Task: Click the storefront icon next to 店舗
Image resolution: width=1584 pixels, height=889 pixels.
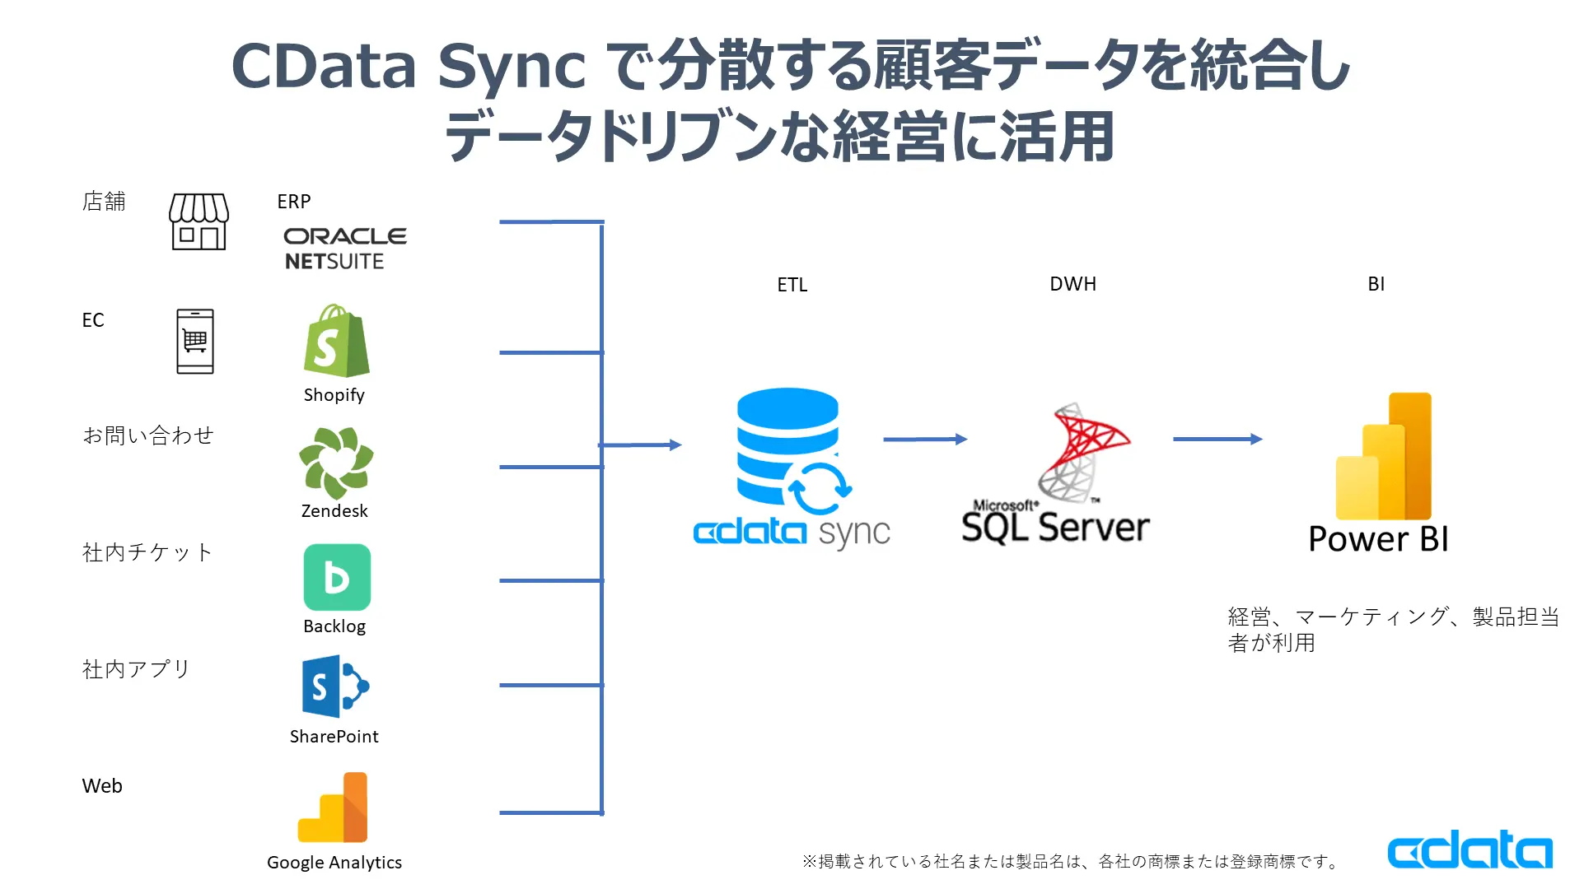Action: click(x=199, y=221)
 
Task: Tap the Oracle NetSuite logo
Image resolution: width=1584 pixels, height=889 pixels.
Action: click(x=344, y=248)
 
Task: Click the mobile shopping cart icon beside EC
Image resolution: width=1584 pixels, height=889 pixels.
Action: click(x=195, y=342)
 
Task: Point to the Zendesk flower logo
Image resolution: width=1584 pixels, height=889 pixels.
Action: click(x=335, y=463)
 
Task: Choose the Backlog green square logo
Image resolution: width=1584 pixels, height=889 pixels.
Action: click(x=337, y=577)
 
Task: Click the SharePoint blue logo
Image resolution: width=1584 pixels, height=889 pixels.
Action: click(x=335, y=687)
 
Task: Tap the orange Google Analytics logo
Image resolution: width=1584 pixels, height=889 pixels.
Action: click(x=334, y=808)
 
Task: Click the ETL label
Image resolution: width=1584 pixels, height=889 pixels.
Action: click(x=792, y=285)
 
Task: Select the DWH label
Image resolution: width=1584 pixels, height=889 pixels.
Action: click(x=1072, y=284)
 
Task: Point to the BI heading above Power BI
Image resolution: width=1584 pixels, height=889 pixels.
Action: click(x=1376, y=284)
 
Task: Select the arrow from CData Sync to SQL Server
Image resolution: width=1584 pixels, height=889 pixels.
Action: click(x=924, y=440)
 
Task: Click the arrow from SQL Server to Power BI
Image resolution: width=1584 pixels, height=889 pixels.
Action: click(x=1217, y=440)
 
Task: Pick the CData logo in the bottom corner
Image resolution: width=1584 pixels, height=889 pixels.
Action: click(x=1470, y=849)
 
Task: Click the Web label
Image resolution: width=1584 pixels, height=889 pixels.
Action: click(x=102, y=786)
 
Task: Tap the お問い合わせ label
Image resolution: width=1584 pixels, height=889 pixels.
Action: click(x=148, y=435)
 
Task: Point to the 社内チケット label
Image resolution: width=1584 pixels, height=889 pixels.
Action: click(x=147, y=552)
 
